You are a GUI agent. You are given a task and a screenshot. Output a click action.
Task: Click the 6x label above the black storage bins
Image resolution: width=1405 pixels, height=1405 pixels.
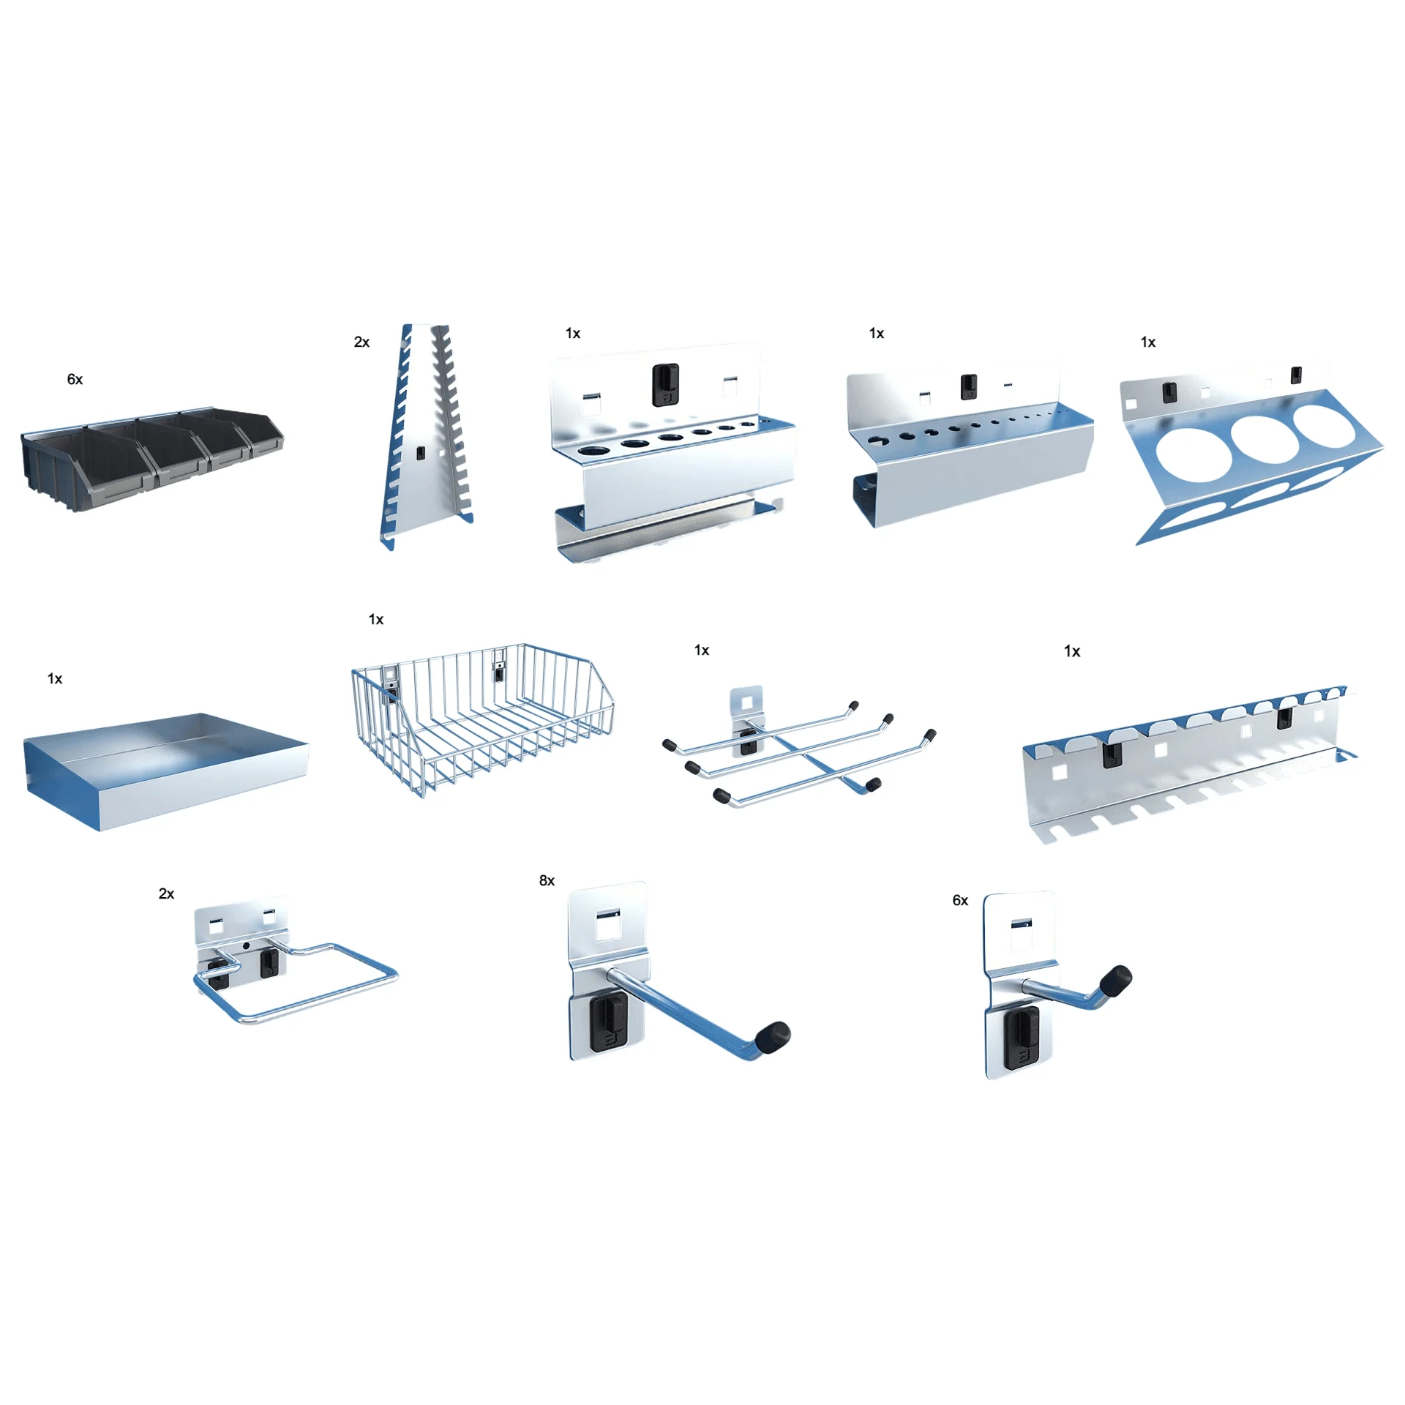75,379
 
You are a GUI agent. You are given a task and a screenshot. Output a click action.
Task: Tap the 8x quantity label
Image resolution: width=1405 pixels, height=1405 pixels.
547,880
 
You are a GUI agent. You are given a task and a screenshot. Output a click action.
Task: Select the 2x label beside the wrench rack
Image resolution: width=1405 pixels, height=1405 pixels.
361,342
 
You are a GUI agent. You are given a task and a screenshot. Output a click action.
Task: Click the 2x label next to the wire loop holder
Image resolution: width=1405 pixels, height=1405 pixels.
166,893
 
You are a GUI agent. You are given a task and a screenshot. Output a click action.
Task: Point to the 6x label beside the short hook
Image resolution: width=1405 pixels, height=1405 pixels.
960,900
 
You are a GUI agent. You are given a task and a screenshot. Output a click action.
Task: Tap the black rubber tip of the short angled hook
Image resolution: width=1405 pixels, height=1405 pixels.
1118,978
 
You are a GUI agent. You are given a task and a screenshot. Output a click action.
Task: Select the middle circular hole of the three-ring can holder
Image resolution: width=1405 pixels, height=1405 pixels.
1261,438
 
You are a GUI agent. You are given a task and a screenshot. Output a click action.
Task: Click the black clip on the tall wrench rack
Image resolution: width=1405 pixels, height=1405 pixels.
421,453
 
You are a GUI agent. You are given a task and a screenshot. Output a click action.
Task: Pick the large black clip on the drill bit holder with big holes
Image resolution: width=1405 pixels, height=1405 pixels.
666,384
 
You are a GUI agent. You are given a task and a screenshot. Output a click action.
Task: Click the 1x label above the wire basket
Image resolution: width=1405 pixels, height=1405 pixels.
376,619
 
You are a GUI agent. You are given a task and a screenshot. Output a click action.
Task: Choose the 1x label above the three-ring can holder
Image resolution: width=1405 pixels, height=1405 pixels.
1148,342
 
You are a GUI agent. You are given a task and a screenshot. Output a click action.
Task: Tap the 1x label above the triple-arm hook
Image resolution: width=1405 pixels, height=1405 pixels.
701,650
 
